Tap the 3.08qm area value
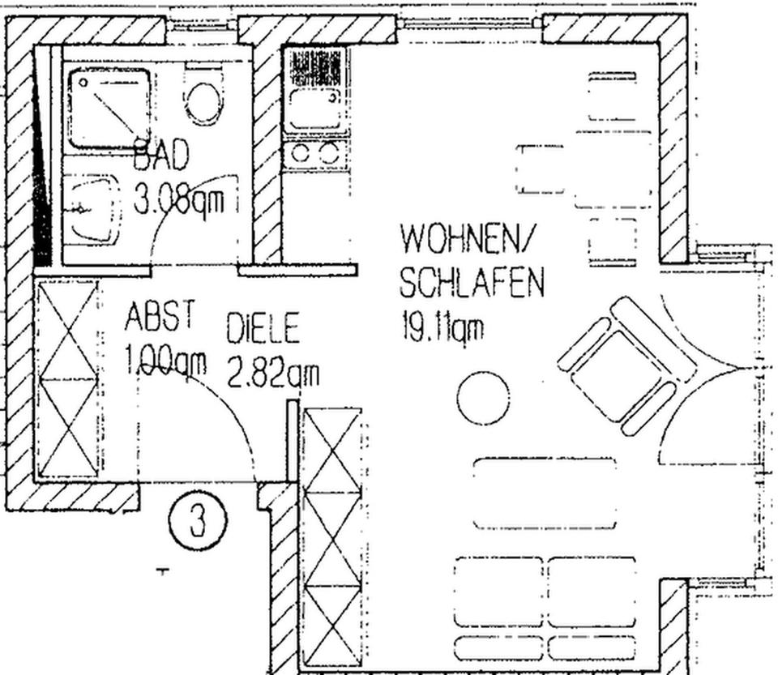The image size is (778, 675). pos(179,201)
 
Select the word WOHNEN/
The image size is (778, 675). pos(465,240)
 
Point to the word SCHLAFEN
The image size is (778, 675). pos(472,282)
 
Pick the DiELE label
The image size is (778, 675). pos(263,328)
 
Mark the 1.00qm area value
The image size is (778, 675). pos(165,361)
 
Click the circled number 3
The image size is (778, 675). pos(198,520)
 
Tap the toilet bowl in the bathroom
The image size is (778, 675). pos(203,101)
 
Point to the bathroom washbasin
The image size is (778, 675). pos(93,208)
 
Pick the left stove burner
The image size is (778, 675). pos(300,154)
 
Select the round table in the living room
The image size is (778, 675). pos(483,398)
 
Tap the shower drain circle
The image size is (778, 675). pos(83,82)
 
